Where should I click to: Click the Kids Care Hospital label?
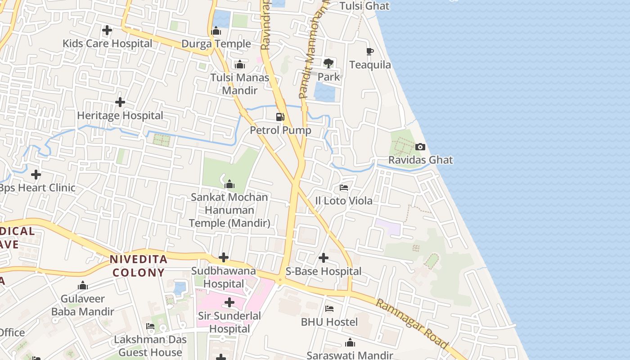pyautogui.click(x=107, y=44)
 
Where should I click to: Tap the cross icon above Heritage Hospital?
pyautogui.click(x=120, y=102)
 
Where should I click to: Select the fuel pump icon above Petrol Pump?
pyautogui.click(x=280, y=117)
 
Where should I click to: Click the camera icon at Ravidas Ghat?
pyautogui.click(x=420, y=147)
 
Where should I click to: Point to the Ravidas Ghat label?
pyautogui.click(x=421, y=160)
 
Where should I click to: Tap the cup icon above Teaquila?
pyautogui.click(x=370, y=52)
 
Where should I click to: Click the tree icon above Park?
pyautogui.click(x=328, y=63)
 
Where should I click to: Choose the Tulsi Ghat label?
pyautogui.click(x=364, y=6)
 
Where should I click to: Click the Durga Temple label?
pyautogui.click(x=216, y=44)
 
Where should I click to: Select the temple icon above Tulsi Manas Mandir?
pyautogui.click(x=240, y=64)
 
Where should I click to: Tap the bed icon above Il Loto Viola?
pyautogui.click(x=344, y=187)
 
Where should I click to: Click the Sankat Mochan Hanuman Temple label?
pyautogui.click(x=229, y=210)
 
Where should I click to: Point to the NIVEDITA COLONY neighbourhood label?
pyautogui.click(x=139, y=265)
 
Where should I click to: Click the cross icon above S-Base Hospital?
pyautogui.click(x=324, y=258)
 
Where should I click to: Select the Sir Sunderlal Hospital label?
pyautogui.click(x=229, y=322)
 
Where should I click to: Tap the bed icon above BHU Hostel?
pyautogui.click(x=329, y=309)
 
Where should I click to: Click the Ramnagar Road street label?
pyautogui.click(x=412, y=323)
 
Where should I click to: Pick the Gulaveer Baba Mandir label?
pyautogui.click(x=82, y=305)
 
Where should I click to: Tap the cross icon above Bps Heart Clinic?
pyautogui.click(x=36, y=174)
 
